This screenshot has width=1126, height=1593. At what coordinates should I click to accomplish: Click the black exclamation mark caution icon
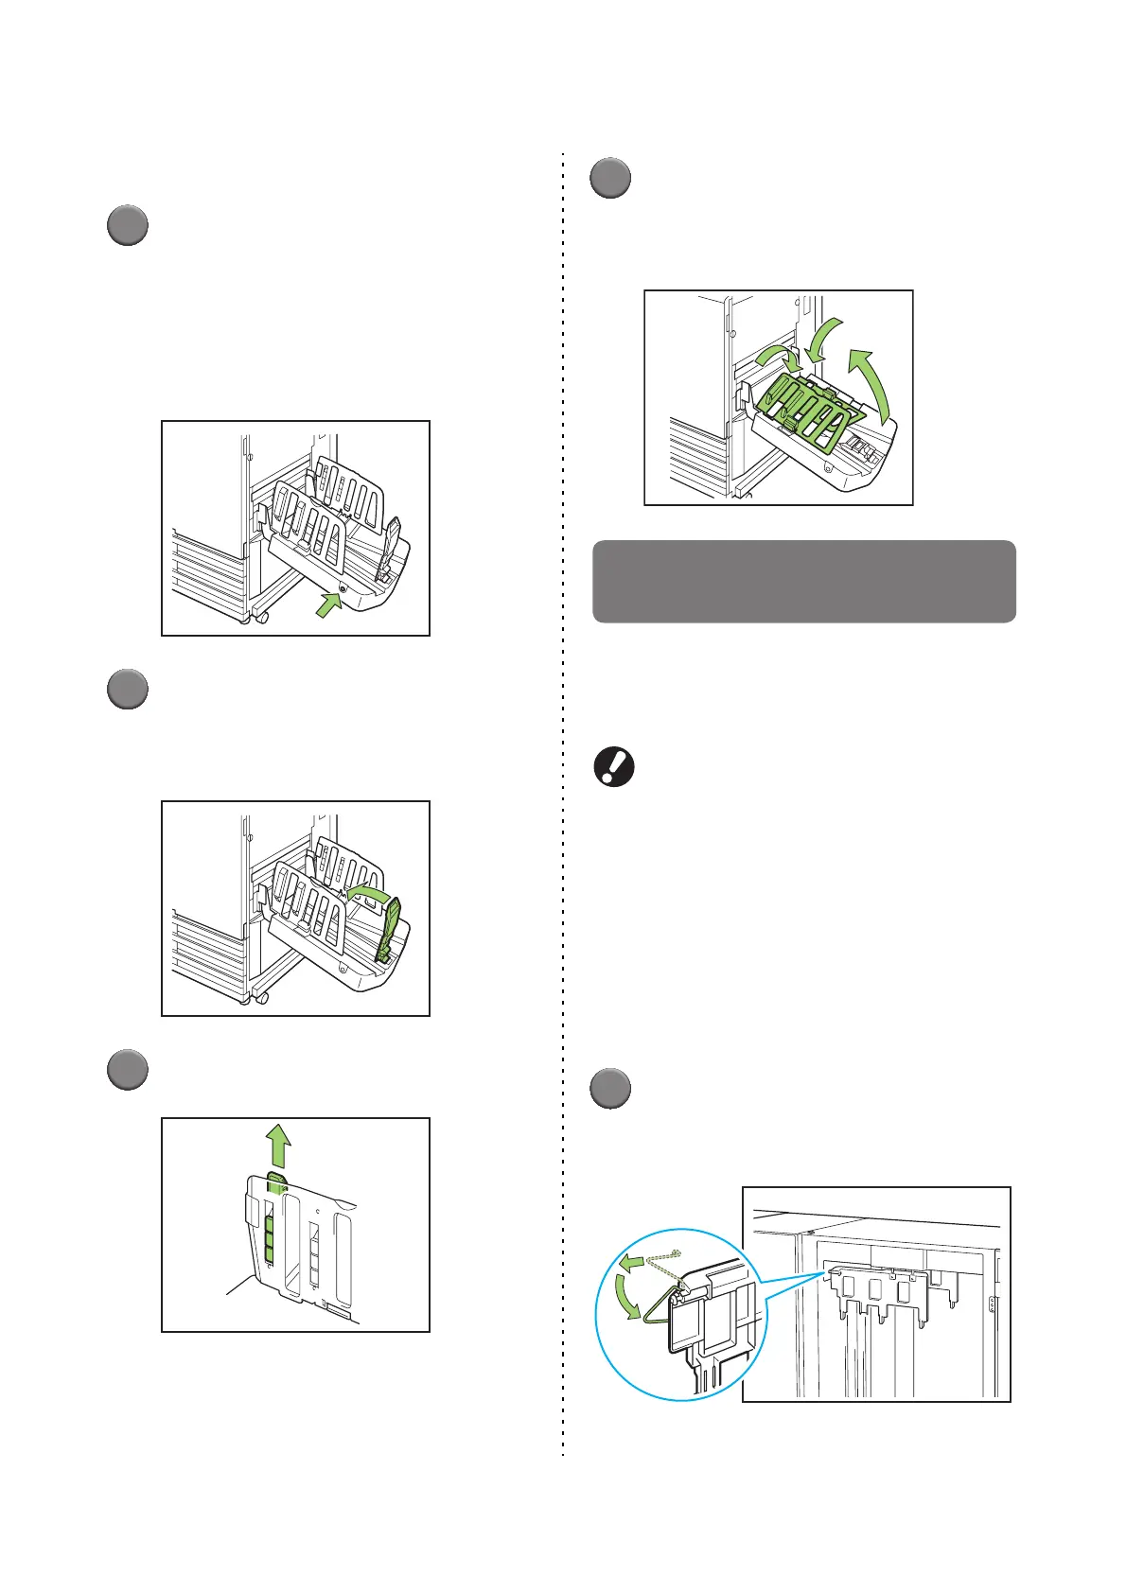(613, 767)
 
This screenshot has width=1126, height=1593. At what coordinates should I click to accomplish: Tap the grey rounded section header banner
(803, 581)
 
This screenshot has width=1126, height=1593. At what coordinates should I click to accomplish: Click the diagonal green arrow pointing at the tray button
(326, 604)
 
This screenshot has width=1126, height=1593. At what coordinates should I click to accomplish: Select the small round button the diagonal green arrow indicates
(342, 588)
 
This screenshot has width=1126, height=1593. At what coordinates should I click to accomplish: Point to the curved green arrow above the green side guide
(370, 893)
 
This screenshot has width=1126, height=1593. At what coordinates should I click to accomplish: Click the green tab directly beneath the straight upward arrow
(275, 1182)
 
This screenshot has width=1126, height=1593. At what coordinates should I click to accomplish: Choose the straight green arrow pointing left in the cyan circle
(634, 1260)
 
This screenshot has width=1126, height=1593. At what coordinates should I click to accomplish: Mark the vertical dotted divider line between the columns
(563, 804)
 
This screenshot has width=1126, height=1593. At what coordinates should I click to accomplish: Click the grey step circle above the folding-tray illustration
(610, 179)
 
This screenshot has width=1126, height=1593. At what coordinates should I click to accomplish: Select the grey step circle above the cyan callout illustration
(610, 1088)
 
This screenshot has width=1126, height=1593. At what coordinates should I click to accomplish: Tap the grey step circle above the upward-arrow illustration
(126, 1070)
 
